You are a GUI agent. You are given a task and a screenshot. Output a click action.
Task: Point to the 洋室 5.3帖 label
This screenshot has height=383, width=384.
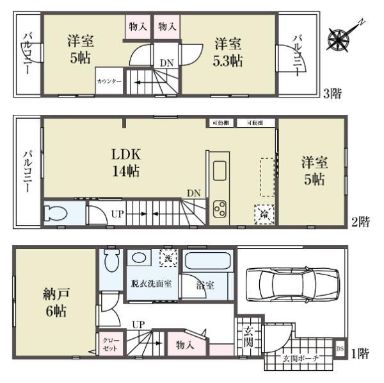pyautogui.click(x=227, y=52)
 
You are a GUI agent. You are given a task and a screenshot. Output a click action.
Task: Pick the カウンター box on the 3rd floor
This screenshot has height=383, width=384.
pyautogui.click(x=109, y=82)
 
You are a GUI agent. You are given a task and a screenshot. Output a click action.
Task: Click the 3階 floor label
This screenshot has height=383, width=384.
pyautogui.click(x=332, y=94)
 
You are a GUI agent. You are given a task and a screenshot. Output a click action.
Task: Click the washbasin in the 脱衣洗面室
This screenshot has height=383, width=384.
pyautogui.click(x=136, y=257)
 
